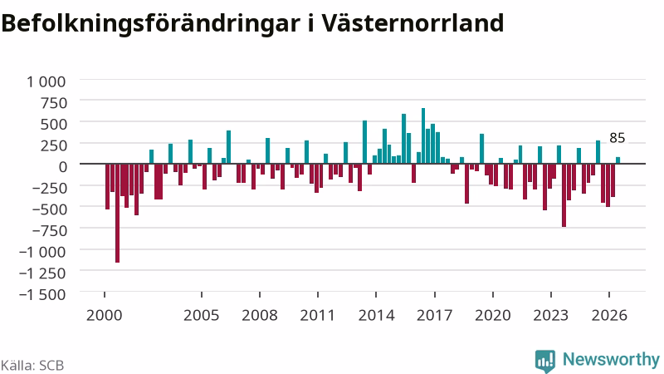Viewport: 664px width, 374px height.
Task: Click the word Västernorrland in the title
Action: click(412, 23)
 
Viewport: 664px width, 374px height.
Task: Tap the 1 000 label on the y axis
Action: click(46, 81)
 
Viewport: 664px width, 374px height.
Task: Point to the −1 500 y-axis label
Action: click(42, 294)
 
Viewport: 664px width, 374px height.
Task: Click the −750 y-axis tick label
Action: click(49, 231)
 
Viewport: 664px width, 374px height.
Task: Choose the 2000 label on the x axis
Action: click(105, 316)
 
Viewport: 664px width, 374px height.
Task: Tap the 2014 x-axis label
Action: click(377, 316)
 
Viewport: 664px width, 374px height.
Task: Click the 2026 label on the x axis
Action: click(609, 316)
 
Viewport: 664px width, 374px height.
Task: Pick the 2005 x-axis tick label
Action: click(202, 316)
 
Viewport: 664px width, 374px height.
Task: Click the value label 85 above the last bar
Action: click(618, 138)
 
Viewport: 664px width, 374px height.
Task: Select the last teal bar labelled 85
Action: click(618, 160)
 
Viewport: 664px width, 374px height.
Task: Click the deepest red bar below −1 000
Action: click(117, 213)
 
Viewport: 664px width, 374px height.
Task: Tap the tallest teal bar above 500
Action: click(423, 135)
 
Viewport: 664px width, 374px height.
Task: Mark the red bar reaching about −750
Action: click(564, 195)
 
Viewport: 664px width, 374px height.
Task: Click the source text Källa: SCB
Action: click(32, 366)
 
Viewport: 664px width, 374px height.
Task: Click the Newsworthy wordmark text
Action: click(611, 359)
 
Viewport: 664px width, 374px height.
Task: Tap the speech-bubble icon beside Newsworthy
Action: click(545, 362)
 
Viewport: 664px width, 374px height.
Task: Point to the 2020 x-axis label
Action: click(493, 316)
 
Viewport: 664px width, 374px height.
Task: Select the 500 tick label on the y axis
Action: click(53, 124)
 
